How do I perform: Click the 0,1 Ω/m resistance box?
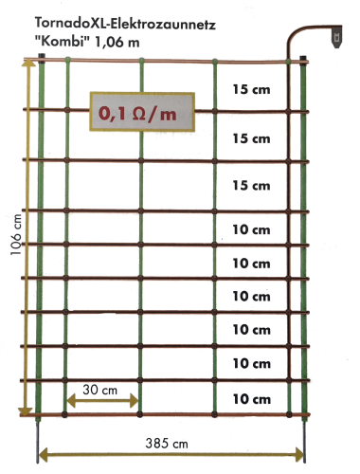point(142,113)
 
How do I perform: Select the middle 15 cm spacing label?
point(251,138)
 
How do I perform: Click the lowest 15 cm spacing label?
point(251,185)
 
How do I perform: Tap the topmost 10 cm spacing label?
point(251,229)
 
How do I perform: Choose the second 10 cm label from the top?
point(251,263)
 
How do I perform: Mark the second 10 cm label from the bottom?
point(251,363)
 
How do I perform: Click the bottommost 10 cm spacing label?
point(251,399)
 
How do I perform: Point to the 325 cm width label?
point(171,442)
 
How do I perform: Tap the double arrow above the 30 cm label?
point(102,402)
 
